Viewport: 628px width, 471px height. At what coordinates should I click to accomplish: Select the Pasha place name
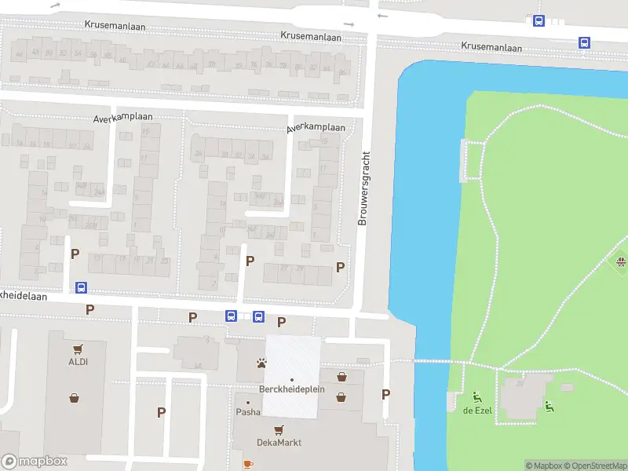[248, 412]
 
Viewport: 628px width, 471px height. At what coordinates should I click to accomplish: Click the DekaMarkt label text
[279, 443]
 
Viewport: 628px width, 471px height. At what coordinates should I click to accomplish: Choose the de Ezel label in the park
[477, 411]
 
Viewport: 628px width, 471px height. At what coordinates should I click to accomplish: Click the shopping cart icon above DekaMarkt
[279, 429]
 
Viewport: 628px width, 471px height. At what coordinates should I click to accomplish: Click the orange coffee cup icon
[248, 464]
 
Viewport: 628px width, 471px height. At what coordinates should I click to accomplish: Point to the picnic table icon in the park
[621, 261]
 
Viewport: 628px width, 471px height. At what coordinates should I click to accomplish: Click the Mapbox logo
[34, 462]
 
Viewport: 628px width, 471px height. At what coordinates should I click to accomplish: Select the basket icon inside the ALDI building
[74, 397]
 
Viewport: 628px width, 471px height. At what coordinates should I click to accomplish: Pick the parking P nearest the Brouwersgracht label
[340, 267]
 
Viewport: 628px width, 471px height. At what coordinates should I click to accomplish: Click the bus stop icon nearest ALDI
[80, 287]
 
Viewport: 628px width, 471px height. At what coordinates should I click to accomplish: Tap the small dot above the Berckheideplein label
[291, 380]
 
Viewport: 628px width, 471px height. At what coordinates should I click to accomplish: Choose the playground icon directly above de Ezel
[477, 396]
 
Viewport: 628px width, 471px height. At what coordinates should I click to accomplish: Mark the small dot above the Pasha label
[248, 403]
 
